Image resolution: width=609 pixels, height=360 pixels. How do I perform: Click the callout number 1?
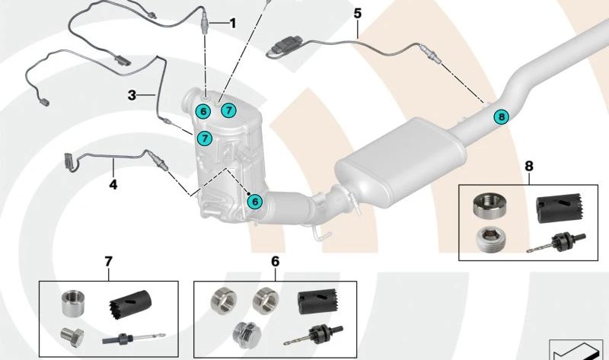pyautogui.click(x=232, y=23)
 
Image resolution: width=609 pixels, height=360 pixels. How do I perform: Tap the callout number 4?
pyautogui.click(x=113, y=183)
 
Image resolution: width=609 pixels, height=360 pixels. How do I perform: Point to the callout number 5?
pyautogui.click(x=357, y=14)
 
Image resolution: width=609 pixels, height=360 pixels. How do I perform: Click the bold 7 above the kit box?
pyautogui.click(x=108, y=262)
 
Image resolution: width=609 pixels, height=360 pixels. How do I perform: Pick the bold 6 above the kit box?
pyautogui.click(x=275, y=262)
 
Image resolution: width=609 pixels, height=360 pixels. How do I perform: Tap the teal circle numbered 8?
pyautogui.click(x=500, y=116)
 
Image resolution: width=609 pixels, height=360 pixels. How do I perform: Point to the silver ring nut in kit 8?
pyautogui.click(x=488, y=203)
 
